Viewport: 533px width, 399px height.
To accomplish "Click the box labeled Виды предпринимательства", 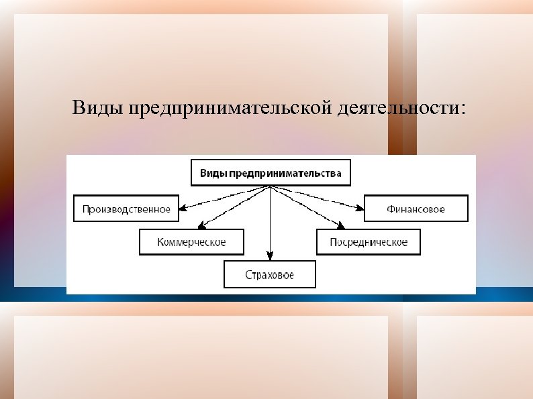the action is tap(271, 173).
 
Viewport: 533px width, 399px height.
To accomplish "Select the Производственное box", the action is tap(126, 209).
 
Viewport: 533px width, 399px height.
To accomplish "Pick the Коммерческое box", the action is tap(191, 242).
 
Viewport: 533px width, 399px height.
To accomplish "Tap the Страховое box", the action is tap(269, 275).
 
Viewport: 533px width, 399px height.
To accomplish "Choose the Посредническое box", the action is tap(369, 242).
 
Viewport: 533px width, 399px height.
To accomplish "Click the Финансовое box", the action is tap(415, 209).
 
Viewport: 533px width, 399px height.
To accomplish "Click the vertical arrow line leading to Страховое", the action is tap(270, 221).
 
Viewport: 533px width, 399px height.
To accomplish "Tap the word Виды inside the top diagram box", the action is tap(213, 173).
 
